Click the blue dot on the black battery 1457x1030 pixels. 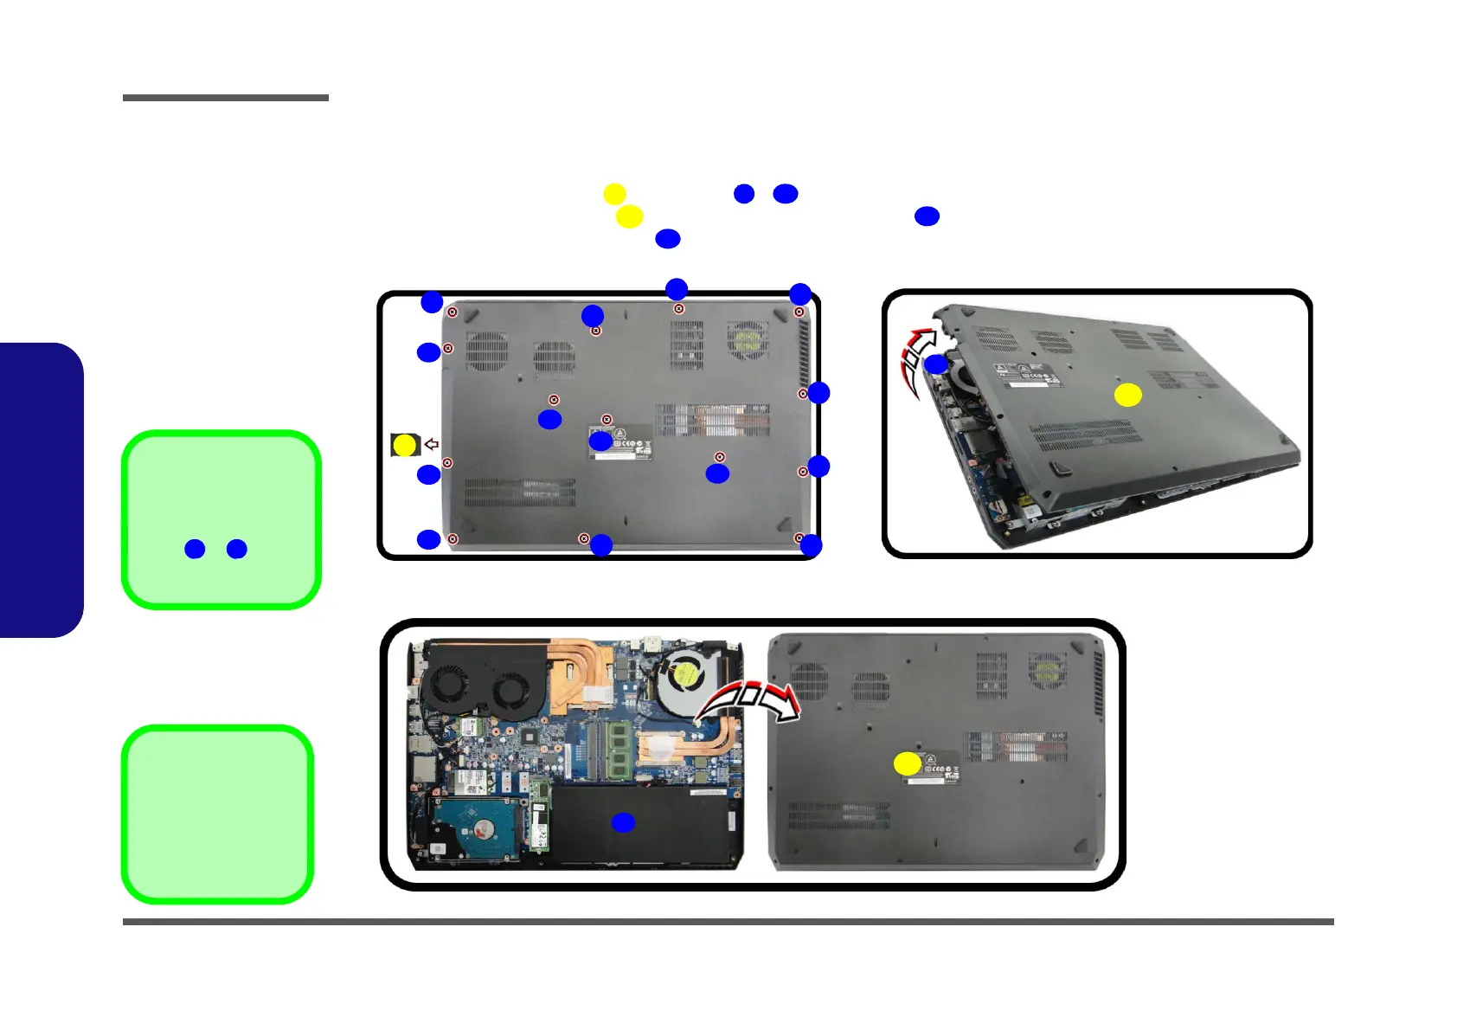pos(623,823)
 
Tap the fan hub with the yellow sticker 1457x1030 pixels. pos(684,675)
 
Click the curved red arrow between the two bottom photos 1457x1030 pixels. pos(750,701)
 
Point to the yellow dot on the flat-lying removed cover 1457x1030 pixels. pos(907,763)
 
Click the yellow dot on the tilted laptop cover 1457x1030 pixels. pos(1127,396)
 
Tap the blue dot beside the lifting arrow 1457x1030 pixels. pos(935,364)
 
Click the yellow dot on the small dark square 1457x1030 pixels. pos(404,445)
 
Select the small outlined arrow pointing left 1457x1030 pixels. pos(431,444)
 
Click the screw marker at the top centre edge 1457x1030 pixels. pos(679,309)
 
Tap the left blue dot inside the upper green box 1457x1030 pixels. pos(195,549)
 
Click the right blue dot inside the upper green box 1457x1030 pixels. pos(236,549)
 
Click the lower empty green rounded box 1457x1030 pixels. pos(218,814)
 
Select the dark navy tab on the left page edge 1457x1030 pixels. pos(41,490)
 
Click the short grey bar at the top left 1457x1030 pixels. pos(225,98)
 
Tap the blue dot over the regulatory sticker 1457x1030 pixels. pos(600,441)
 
